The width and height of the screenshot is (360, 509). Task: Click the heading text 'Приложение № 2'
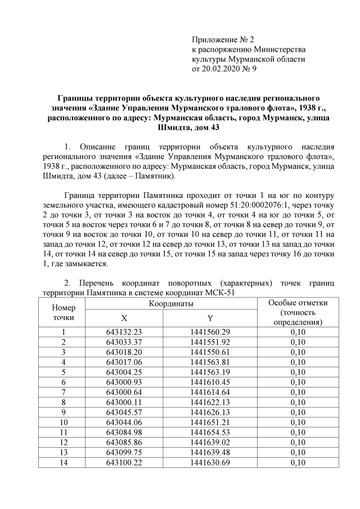(x=223, y=40)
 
